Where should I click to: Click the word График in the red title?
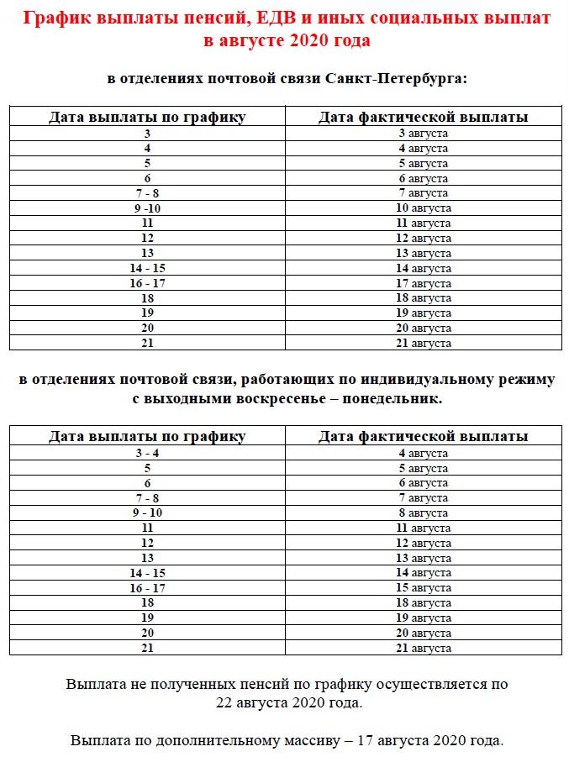(55, 18)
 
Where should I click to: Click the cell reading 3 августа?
(423, 134)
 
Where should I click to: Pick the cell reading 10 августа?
(423, 208)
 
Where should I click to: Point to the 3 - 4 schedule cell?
(147, 453)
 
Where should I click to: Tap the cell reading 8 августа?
(423, 513)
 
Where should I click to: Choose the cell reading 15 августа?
(423, 588)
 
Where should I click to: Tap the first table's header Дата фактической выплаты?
(423, 118)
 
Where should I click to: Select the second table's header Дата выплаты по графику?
(147, 436)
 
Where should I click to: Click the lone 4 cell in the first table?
(147, 148)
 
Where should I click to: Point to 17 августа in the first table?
(423, 283)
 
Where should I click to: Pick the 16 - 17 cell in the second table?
(147, 588)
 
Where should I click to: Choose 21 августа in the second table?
(423, 648)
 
